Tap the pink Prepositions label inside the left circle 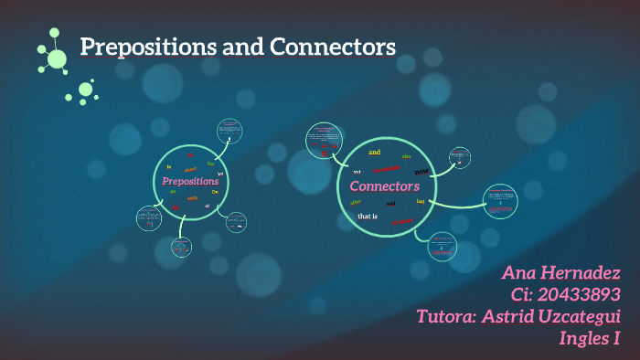pyautogui.click(x=190, y=182)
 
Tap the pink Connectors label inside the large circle pyautogui.click(x=384, y=186)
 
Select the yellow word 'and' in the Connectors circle pyautogui.click(x=374, y=152)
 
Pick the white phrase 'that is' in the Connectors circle pyautogui.click(x=368, y=217)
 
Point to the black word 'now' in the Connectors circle pyautogui.click(x=421, y=171)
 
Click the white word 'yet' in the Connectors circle pyautogui.click(x=357, y=171)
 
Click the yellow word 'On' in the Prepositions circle pyautogui.click(x=216, y=191)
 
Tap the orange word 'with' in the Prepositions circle pyautogui.click(x=192, y=197)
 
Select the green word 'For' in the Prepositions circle pyautogui.click(x=211, y=164)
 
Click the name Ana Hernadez pyautogui.click(x=560, y=272)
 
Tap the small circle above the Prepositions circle pyautogui.click(x=229, y=131)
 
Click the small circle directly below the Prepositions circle pyautogui.click(x=182, y=246)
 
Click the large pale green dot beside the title pyautogui.click(x=57, y=58)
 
